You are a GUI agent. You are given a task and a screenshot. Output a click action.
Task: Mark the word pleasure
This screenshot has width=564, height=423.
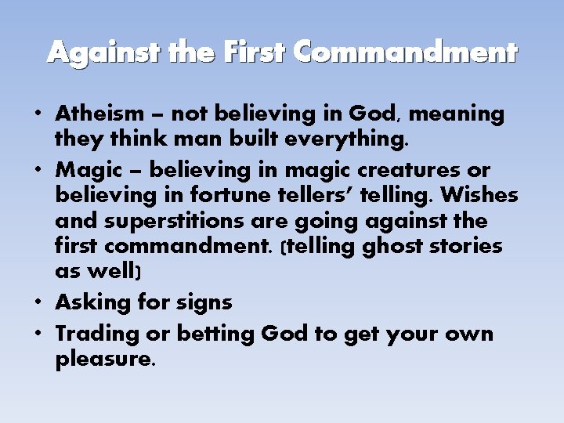pyautogui.click(x=105, y=361)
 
